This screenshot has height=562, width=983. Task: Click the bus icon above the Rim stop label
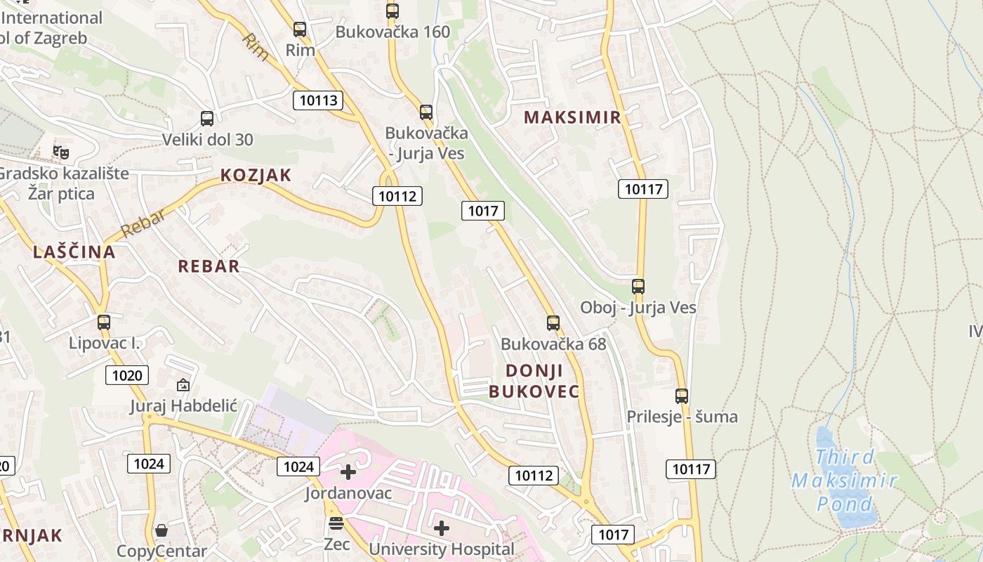(300, 30)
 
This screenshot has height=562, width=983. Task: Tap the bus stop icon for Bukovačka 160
(392, 11)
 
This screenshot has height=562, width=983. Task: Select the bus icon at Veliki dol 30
(206, 119)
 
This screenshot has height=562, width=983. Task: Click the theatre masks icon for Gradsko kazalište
(61, 152)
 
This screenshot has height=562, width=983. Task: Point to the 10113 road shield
(318, 100)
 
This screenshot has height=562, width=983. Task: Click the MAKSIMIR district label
(573, 117)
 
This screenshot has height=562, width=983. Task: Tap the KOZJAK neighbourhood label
(256, 176)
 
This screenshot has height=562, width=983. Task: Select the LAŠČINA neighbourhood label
(74, 252)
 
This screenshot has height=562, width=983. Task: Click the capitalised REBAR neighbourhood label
(209, 266)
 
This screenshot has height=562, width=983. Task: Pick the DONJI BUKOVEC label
(534, 381)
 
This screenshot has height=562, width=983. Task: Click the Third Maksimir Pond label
(845, 481)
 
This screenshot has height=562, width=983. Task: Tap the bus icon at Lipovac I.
(104, 322)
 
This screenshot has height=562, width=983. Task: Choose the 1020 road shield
(127, 375)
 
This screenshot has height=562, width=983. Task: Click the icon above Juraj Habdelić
(183, 384)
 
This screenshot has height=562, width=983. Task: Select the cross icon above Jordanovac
(348, 472)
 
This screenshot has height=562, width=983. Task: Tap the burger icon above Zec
(336, 523)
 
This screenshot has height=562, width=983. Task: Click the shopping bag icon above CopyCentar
(161, 530)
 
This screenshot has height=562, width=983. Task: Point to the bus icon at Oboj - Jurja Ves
(638, 287)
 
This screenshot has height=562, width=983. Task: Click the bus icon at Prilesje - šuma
(682, 396)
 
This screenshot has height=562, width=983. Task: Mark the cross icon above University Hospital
(442, 528)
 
